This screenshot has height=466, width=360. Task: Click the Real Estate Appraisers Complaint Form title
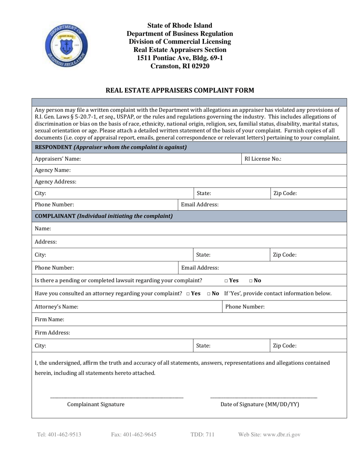click(x=180, y=90)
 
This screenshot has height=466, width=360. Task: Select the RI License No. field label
click(x=263, y=159)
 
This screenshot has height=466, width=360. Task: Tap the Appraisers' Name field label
click(x=58, y=159)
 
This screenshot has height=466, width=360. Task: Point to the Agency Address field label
click(x=55, y=182)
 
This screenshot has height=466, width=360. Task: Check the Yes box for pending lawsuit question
click(x=226, y=281)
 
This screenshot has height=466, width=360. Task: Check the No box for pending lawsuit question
click(x=251, y=281)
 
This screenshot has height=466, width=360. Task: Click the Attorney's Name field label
click(x=56, y=307)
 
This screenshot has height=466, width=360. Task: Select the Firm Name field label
click(x=49, y=319)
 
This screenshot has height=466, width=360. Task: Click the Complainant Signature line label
click(x=95, y=404)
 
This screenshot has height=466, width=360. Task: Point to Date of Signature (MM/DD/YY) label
click(x=260, y=404)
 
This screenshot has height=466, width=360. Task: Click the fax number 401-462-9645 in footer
click(x=133, y=435)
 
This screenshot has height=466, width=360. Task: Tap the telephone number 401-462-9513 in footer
click(x=59, y=435)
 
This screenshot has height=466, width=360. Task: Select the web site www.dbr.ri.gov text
click(x=269, y=435)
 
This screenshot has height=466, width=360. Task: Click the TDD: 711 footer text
click(x=202, y=435)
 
